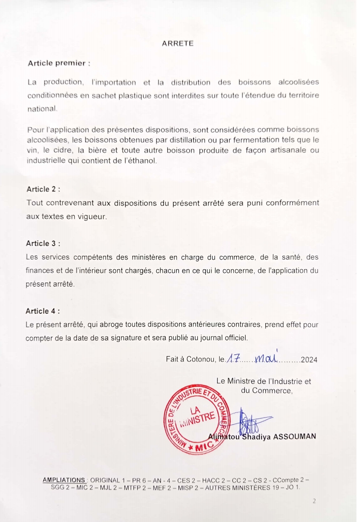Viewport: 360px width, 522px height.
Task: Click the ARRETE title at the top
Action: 178,44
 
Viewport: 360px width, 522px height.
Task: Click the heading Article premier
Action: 59,63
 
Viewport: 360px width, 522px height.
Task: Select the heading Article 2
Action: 43,189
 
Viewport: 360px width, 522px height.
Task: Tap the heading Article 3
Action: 43,243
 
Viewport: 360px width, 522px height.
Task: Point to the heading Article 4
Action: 42,311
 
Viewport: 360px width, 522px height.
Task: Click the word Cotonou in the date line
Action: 201,359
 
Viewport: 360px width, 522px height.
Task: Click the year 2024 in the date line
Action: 309,359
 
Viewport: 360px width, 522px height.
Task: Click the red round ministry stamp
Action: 196,419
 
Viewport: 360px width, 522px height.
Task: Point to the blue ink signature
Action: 251,423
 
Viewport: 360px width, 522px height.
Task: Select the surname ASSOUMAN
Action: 295,436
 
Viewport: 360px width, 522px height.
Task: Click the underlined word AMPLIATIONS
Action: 64,480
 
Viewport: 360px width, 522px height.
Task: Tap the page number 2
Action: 314,501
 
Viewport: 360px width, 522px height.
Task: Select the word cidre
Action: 62,150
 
